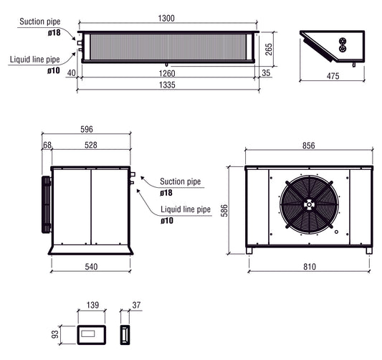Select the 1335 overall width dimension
tap(168, 84)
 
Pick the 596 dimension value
tap(86, 129)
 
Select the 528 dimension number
tap(91, 145)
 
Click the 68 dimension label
tap(47, 145)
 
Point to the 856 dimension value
tap(309, 145)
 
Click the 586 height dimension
tap(224, 210)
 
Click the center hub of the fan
tap(309, 204)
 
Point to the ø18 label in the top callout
tap(54, 32)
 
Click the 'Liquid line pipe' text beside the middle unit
tap(185, 210)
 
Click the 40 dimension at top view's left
tap(70, 72)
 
